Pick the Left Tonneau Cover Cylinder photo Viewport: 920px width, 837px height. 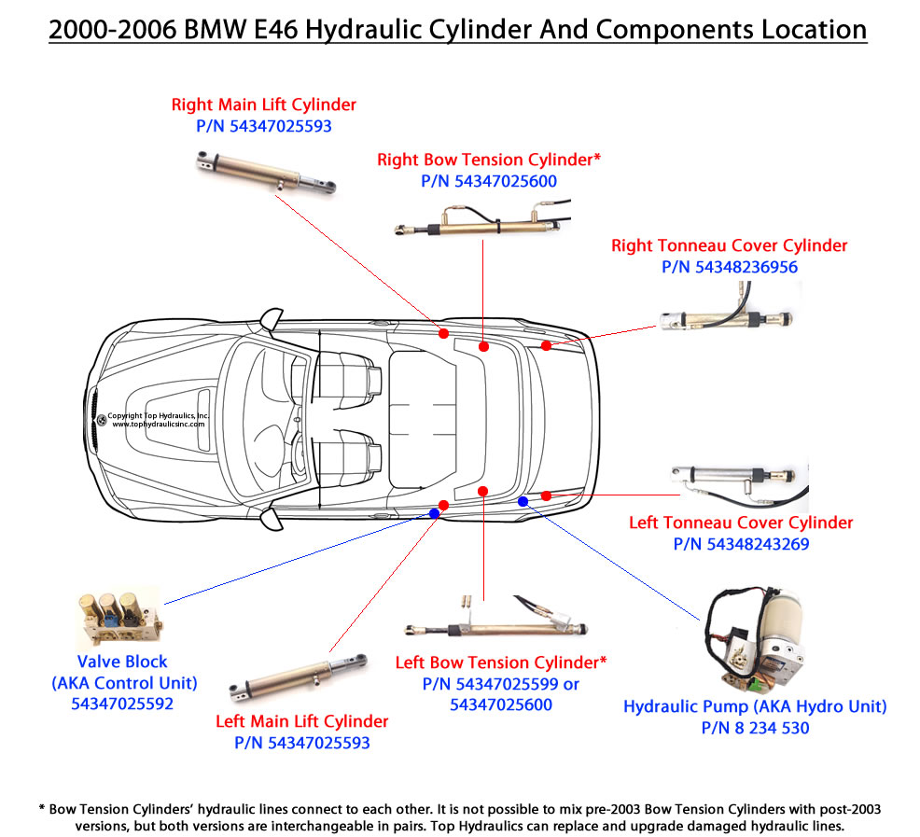click(737, 480)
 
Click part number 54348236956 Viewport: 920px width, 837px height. click(730, 267)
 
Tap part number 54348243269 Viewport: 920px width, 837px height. click(741, 544)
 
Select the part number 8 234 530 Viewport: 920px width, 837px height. click(755, 728)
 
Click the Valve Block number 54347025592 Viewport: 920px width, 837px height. click(122, 704)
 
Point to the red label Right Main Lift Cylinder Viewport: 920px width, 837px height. click(263, 105)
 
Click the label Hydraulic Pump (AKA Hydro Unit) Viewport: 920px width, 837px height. click(755, 706)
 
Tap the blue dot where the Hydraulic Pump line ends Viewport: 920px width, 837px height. click(523, 501)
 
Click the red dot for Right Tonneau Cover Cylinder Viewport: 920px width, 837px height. click(547, 346)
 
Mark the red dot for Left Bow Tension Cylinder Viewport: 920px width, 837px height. click(482, 491)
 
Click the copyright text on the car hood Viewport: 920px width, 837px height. click(159, 419)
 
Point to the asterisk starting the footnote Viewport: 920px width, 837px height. click(41, 808)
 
